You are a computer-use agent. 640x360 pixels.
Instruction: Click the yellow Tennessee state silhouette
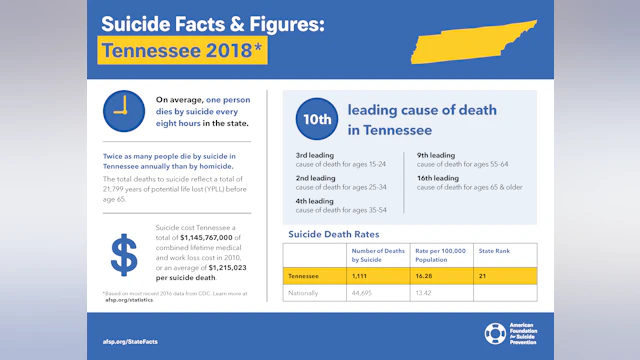(478, 41)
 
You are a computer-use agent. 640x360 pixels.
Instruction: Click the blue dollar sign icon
(124, 255)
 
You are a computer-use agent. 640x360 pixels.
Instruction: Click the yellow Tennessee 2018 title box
(182, 50)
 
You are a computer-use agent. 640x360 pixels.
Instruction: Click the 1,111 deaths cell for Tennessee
(360, 274)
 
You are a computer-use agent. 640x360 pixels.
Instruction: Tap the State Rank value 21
(483, 274)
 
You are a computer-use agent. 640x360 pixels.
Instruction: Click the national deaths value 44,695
(362, 293)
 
